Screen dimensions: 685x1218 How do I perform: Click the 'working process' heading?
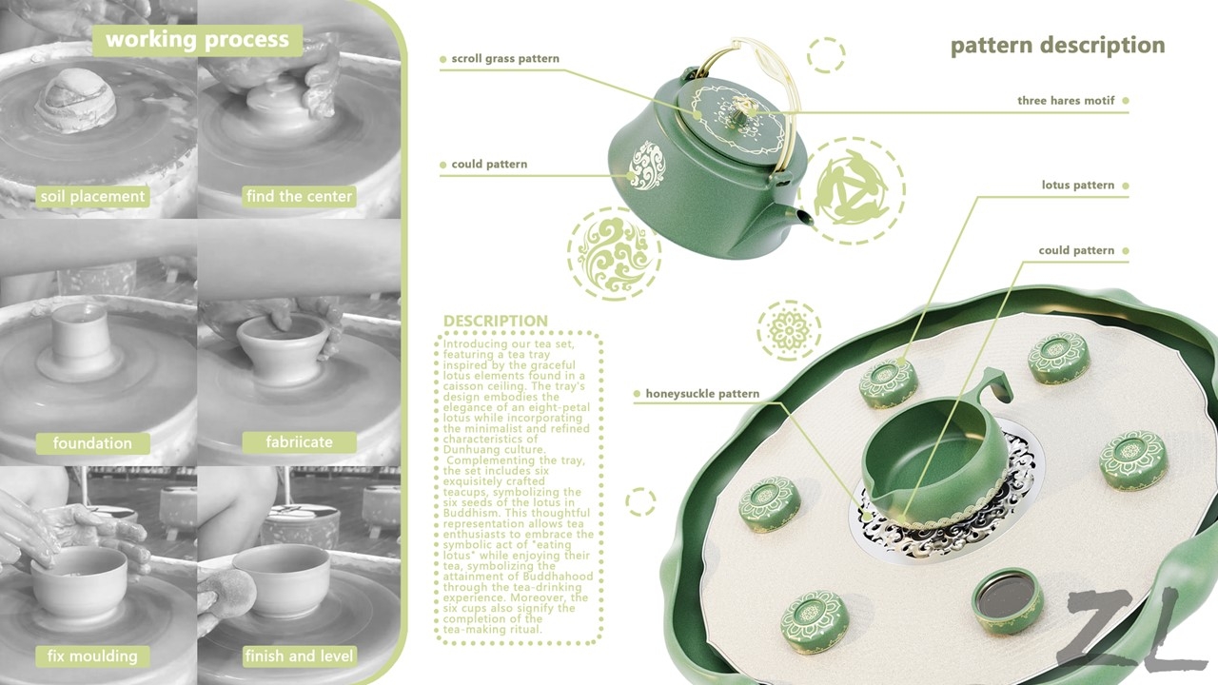197,39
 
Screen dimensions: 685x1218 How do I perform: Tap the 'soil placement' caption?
92,197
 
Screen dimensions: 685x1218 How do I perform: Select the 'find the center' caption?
299,197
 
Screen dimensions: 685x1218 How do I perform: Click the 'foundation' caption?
92,442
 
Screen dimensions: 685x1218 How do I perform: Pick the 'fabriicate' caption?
300,442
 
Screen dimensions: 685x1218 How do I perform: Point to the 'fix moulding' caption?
92,656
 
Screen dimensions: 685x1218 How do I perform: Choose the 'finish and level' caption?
300,656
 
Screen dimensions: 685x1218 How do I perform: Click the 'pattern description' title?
1057,46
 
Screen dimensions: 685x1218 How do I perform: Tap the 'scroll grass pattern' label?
505,59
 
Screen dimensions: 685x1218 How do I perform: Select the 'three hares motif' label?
1066,101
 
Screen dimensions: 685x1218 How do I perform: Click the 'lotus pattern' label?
1077,186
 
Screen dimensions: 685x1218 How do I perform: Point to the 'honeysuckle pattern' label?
702,393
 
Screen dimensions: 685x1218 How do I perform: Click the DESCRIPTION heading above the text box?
495,321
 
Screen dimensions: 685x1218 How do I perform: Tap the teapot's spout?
804,220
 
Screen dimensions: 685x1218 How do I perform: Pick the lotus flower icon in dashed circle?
789,330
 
